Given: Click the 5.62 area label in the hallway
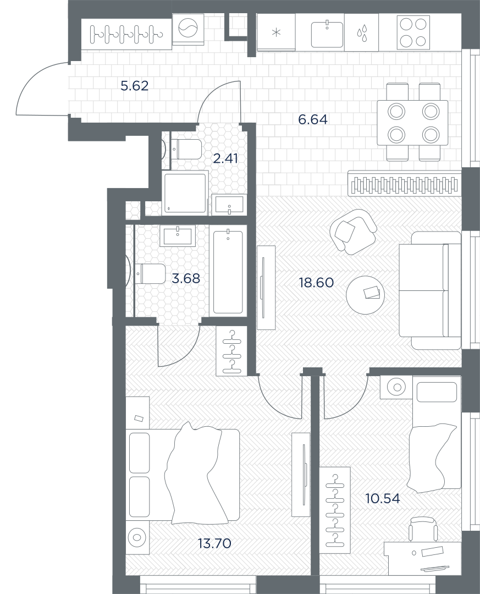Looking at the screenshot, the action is (x=135, y=86).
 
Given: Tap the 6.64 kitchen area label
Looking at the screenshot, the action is (x=313, y=120).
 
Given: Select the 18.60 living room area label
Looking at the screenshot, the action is (x=316, y=283).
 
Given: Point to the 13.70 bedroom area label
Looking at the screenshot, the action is (x=214, y=543).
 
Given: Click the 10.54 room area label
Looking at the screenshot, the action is (x=383, y=498).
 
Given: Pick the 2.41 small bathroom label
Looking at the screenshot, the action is (x=225, y=158).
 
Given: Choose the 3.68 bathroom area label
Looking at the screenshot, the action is (x=186, y=279).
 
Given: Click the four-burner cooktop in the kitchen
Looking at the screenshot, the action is (x=413, y=32).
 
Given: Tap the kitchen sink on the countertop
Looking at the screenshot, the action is (x=327, y=34).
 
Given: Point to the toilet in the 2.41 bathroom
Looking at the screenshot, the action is (x=187, y=149).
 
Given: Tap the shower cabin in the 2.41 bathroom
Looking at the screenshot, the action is (x=185, y=193).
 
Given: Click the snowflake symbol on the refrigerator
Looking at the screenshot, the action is (x=277, y=32).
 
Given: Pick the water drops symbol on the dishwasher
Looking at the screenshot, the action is (x=362, y=33).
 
